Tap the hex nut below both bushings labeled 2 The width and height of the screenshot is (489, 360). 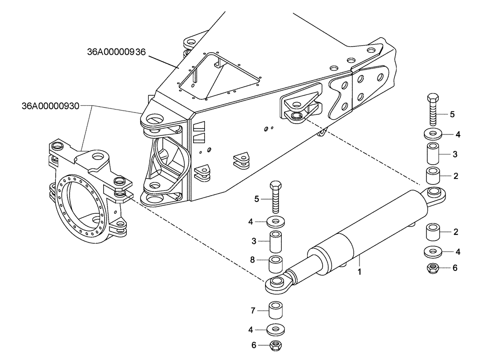[x=433, y=268]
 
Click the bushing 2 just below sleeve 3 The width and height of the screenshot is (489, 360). [x=433, y=175]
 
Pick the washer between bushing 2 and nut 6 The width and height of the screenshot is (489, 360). [x=433, y=252]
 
